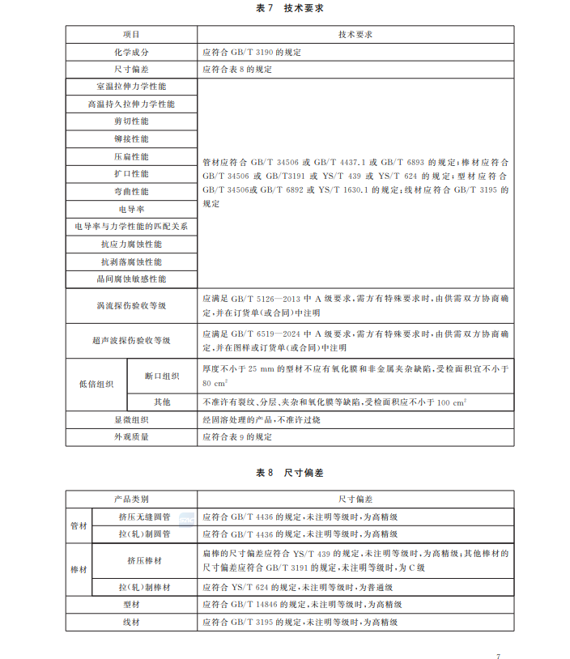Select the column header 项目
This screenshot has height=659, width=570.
[131, 35]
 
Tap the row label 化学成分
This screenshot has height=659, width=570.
[131, 52]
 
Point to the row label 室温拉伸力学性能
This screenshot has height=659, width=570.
[131, 86]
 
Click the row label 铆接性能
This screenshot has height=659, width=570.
[131, 138]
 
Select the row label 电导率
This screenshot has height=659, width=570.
[131, 209]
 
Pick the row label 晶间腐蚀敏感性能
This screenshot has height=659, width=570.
[131, 278]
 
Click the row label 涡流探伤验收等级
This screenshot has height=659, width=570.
[131, 305]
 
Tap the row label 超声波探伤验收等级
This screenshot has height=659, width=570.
[131, 341]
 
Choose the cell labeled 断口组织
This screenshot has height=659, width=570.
[162, 376]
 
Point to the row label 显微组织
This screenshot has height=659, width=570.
[131, 420]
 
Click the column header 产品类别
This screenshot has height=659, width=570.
[131, 500]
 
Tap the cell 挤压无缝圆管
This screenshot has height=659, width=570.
[145, 517]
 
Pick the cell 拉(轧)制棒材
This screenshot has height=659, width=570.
[145, 587]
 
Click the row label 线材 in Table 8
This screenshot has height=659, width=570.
[131, 622]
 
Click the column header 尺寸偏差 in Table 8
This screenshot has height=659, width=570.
[355, 500]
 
